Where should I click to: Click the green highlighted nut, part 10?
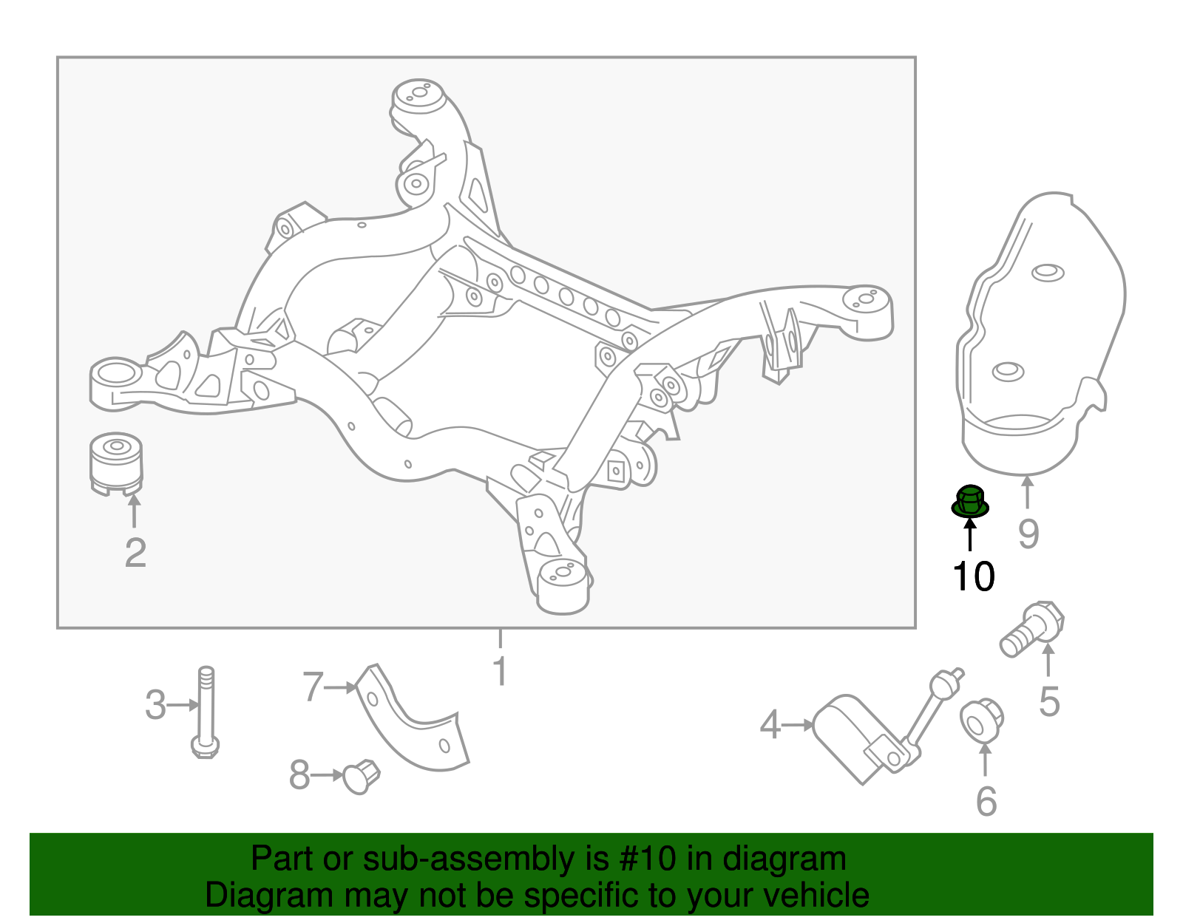pyautogui.click(x=969, y=501)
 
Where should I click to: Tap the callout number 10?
pyautogui.click(x=974, y=576)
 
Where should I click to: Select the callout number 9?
pyautogui.click(x=1028, y=534)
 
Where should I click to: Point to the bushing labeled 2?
pyautogui.click(x=116, y=463)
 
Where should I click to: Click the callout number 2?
pyautogui.click(x=135, y=554)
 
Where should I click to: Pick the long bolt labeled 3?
pyautogui.click(x=206, y=712)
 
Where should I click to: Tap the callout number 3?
pyautogui.click(x=155, y=705)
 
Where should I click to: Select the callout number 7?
pyautogui.click(x=313, y=687)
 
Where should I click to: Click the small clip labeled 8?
pyautogui.click(x=360, y=776)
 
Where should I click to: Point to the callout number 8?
pyautogui.click(x=299, y=775)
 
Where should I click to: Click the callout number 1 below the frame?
pyautogui.click(x=501, y=671)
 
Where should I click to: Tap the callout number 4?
pyautogui.click(x=770, y=725)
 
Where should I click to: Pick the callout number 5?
pyautogui.click(x=1049, y=702)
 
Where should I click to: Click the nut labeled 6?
pyautogui.click(x=982, y=721)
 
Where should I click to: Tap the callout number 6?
pyautogui.click(x=986, y=801)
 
